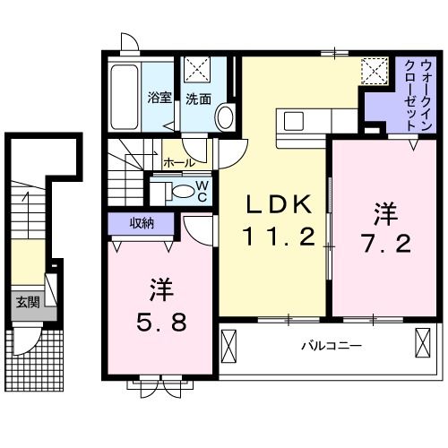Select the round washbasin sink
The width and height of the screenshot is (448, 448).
224,116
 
